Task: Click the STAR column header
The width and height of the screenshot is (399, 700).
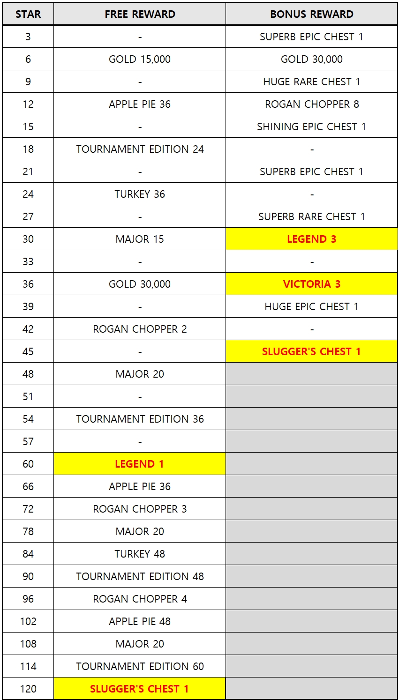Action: pos(28,14)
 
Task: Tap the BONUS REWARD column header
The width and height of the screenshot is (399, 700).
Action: pos(311,14)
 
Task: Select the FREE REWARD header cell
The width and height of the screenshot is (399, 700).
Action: pos(140,14)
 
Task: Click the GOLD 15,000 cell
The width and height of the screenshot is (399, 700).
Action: pos(140,59)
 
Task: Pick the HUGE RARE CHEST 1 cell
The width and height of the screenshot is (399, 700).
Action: pos(311,82)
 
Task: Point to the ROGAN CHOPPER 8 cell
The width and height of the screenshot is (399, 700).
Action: pos(311,104)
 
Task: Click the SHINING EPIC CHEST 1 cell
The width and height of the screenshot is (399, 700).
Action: pos(311,127)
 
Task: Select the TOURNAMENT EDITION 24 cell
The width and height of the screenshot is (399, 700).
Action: pos(140,149)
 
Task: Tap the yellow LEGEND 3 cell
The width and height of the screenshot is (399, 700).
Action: pos(311,239)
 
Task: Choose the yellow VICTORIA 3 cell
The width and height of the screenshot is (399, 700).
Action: pos(311,284)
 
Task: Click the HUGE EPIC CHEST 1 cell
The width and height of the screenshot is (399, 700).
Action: pos(311,306)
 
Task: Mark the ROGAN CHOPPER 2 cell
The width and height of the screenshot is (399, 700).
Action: pos(140,329)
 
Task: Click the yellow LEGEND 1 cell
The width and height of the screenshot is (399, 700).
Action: pos(140,464)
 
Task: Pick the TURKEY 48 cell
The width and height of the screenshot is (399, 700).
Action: pos(140,554)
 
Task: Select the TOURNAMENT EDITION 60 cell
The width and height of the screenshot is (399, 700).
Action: pos(140,667)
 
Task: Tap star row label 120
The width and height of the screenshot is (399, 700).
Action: pos(28,689)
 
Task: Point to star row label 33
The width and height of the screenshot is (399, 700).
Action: pos(28,261)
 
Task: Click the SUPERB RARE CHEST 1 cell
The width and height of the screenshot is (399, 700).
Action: pos(311,216)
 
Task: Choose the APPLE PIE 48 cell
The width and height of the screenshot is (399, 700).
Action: pos(140,622)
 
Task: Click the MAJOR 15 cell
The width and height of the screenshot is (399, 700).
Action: pos(140,239)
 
